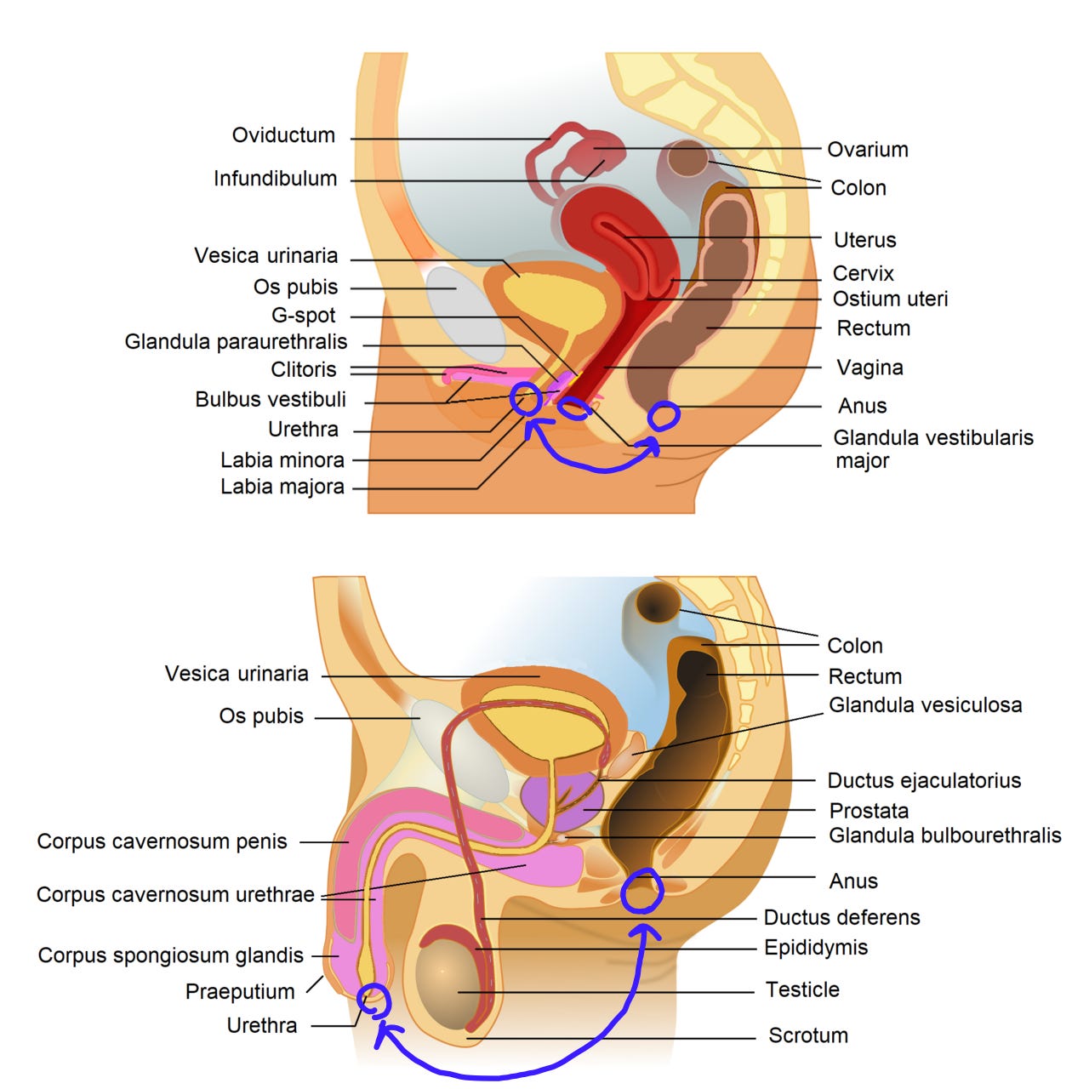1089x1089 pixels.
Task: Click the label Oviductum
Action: tap(283, 135)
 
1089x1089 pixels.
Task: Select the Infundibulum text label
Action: tap(275, 179)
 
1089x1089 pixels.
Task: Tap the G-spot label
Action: tap(303, 316)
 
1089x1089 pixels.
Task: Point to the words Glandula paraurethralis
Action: tap(236, 342)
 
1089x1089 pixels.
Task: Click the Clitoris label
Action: tap(303, 370)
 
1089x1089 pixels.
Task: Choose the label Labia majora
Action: tap(282, 487)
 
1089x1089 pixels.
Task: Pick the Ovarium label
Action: tap(868, 150)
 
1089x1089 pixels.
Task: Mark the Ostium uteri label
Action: tap(890, 299)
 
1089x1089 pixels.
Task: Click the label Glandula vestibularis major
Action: tap(932, 448)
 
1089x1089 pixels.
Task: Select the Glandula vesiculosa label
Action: tap(925, 705)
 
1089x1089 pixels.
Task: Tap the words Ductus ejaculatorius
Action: tap(924, 781)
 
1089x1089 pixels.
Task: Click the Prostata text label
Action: tap(869, 811)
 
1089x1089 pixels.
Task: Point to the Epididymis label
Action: tap(815, 948)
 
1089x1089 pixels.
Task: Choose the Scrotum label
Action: tap(807, 1035)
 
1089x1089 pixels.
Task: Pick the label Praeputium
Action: tap(240, 992)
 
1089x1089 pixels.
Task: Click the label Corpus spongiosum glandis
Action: tap(170, 955)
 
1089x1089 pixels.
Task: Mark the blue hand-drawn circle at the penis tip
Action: tap(373, 1000)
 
